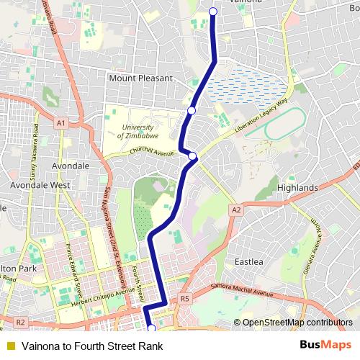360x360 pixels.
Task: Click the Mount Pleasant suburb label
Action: tap(141, 78)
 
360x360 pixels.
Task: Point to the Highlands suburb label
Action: tap(297, 188)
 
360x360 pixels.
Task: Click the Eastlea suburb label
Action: tap(249, 261)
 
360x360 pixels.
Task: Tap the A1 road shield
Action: tap(61, 123)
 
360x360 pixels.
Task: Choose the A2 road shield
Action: tap(235, 210)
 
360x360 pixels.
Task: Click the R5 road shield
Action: tap(185, 299)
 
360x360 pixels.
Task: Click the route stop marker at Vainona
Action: tap(213, 11)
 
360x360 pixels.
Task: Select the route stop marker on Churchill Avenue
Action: tap(193, 156)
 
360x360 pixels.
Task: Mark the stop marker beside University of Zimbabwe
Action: tap(192, 110)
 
